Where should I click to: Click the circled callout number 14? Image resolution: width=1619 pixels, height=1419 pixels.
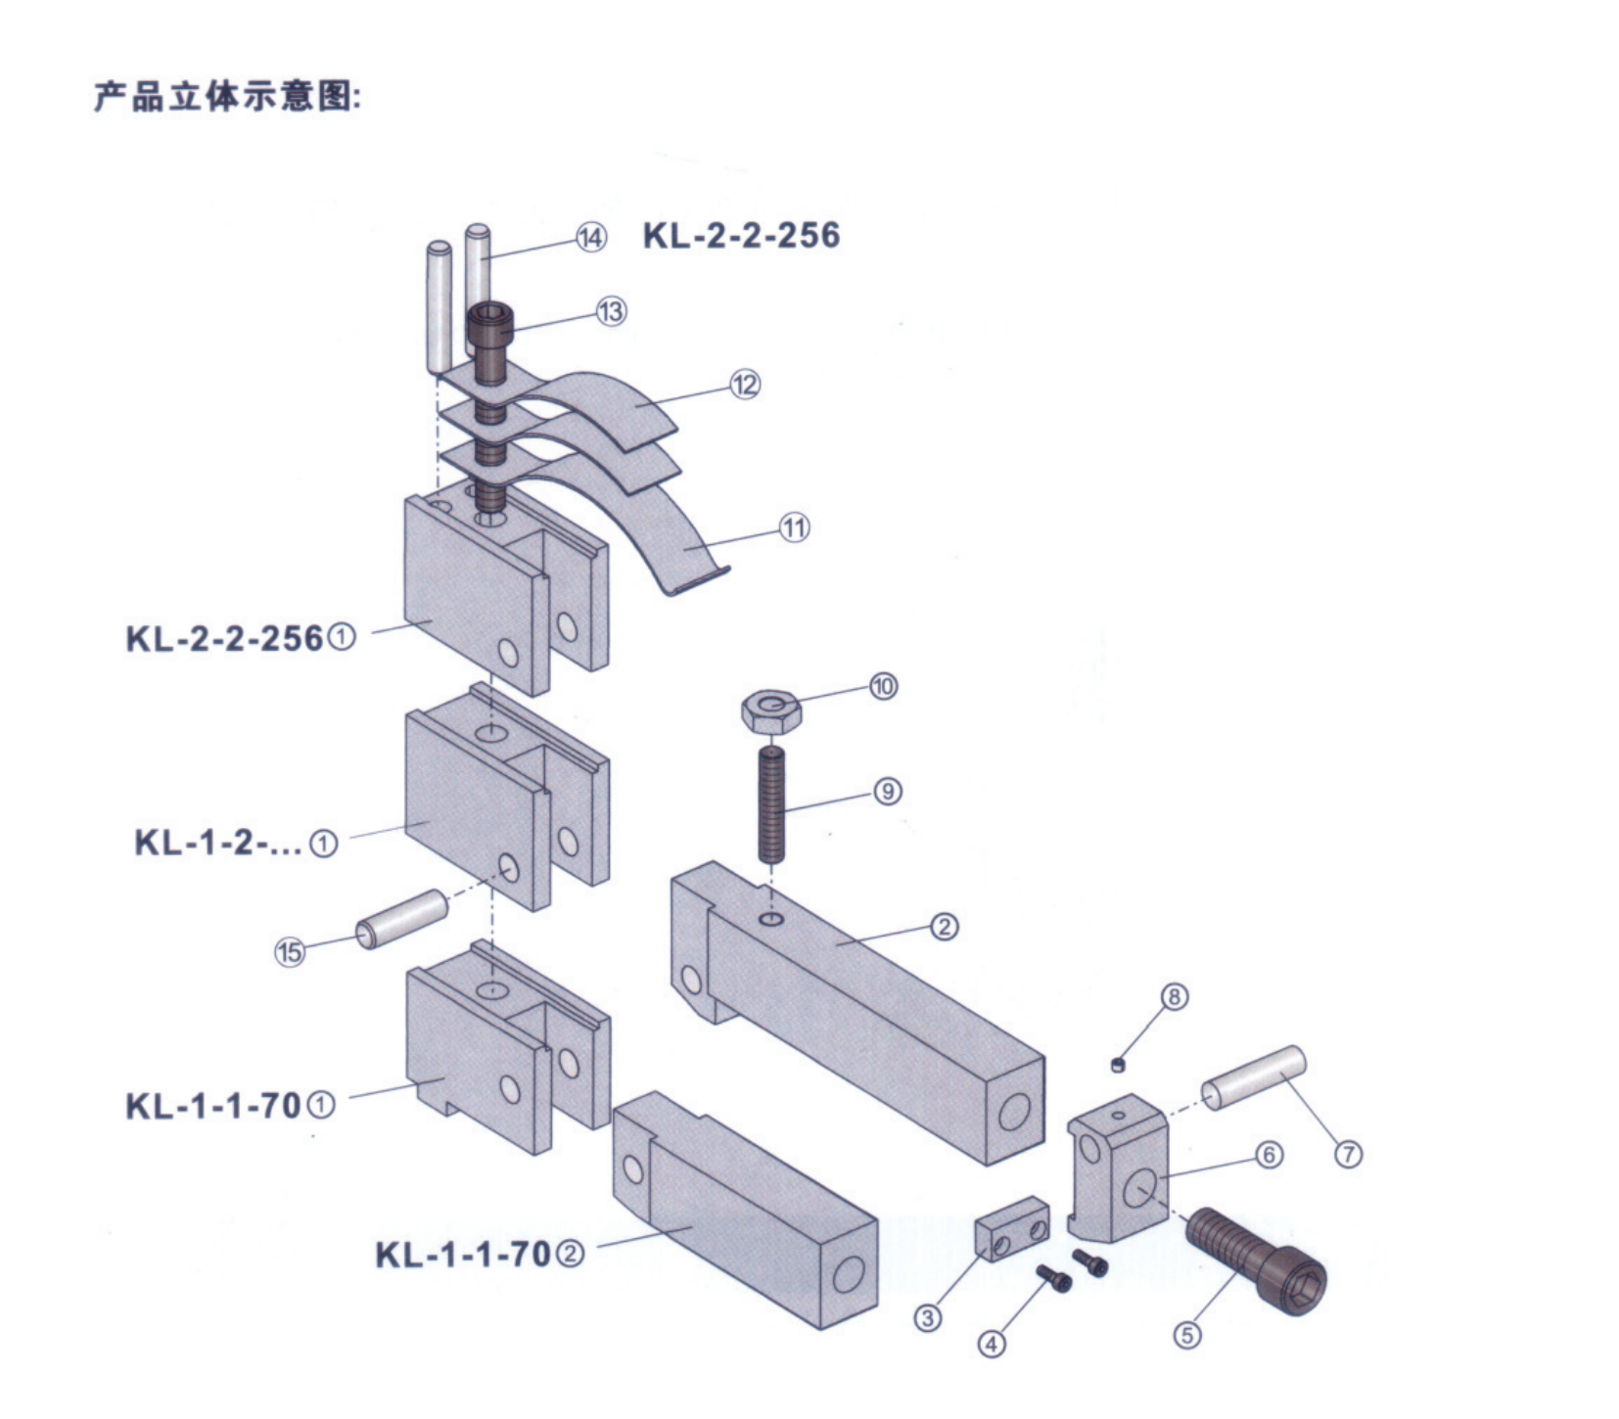[590, 238]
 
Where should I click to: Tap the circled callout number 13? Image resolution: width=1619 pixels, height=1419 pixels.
[611, 311]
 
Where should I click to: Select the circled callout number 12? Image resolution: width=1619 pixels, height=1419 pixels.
[745, 385]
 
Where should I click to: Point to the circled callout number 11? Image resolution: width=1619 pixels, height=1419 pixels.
[794, 528]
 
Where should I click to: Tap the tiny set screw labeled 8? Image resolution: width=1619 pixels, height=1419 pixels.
[1117, 1065]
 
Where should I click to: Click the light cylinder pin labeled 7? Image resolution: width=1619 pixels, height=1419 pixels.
[1253, 1077]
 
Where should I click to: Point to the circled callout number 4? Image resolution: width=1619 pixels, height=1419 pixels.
[992, 1344]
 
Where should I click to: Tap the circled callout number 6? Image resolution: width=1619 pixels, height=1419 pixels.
[1269, 1155]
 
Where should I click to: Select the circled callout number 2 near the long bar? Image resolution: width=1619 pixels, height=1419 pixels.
[944, 926]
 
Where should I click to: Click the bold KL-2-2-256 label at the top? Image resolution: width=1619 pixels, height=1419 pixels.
[741, 236]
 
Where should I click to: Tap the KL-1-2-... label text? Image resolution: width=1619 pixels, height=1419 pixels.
[218, 843]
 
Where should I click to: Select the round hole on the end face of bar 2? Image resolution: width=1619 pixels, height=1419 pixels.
[1014, 1112]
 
